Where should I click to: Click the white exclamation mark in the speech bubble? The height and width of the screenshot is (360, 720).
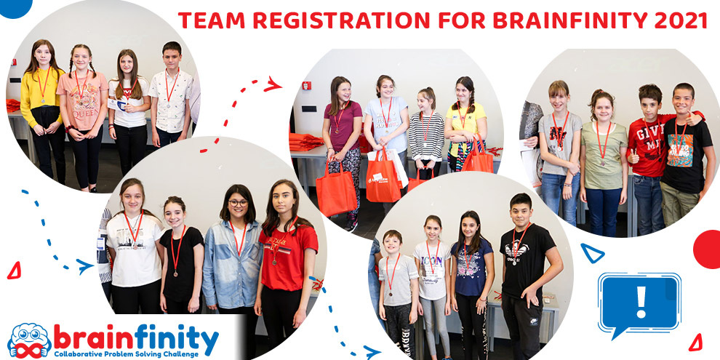point(640,301)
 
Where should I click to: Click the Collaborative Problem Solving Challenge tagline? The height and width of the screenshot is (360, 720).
point(135,353)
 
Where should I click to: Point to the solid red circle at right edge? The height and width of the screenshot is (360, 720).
point(708,249)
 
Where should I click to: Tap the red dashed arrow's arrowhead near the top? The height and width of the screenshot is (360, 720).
point(272,85)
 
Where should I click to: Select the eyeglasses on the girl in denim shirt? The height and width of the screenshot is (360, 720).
point(238,203)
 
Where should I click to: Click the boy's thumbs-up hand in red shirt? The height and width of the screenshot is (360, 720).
point(633,158)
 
